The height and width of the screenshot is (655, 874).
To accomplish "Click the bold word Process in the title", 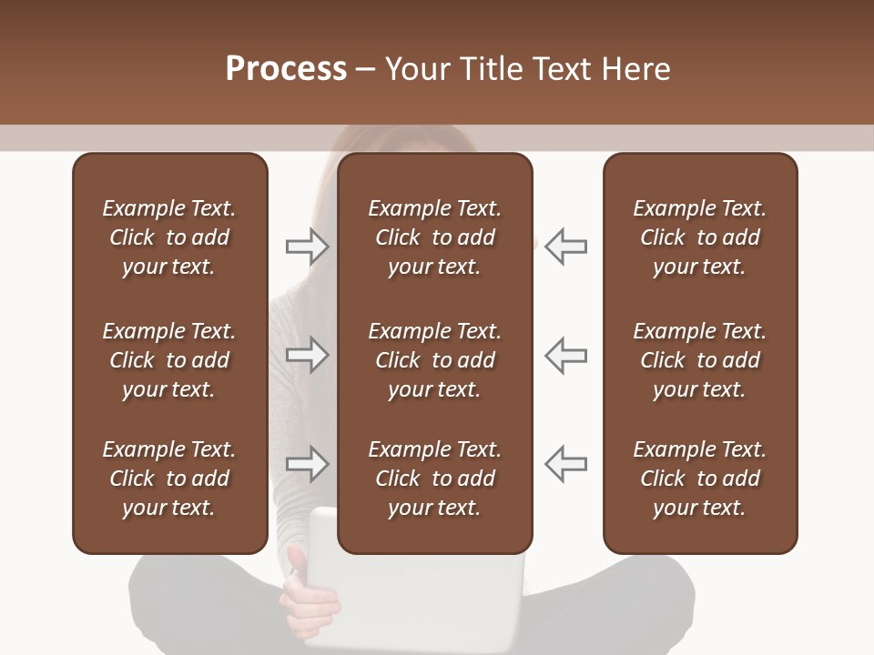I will tap(286, 69).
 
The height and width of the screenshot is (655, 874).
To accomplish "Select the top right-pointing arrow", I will tap(307, 247).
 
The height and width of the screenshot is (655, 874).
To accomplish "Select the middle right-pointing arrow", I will tap(307, 355).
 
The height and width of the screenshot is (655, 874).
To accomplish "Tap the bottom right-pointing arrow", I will tap(307, 464).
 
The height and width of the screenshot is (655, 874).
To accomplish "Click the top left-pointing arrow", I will tap(566, 247).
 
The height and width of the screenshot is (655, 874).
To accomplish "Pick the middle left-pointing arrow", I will tap(566, 355).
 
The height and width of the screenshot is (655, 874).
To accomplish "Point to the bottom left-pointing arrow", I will tap(566, 464).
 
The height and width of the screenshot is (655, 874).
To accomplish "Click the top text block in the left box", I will tap(169, 237).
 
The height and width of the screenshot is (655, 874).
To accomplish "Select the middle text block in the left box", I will tap(169, 360).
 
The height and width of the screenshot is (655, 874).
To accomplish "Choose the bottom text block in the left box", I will tap(169, 479).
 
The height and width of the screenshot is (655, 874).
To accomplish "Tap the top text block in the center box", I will tap(434, 237).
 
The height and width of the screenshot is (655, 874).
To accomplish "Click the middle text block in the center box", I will tap(434, 360).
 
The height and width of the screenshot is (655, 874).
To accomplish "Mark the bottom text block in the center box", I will tap(434, 479).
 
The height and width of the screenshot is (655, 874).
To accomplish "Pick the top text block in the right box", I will tap(699, 237).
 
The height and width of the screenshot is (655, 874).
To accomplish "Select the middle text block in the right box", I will tap(699, 360).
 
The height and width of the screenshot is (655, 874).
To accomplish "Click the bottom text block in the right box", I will tap(699, 479).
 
